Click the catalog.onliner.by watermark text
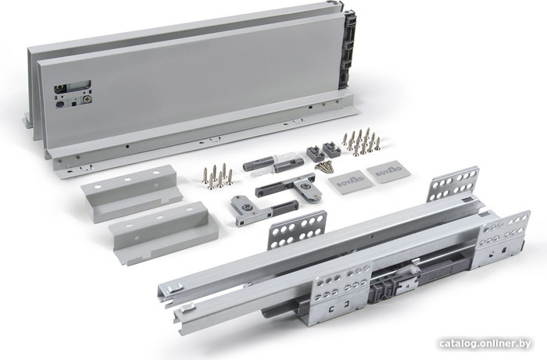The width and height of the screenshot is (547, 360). pos(485,344)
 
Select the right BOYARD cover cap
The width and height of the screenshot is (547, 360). pos(388,172)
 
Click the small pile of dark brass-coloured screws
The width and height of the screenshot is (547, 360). pos(324,166)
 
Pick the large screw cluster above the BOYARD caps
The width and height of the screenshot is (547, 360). pos(361,141)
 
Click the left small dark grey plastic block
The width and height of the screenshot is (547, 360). pos(316,153)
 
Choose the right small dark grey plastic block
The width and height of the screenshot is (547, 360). pos(331,150)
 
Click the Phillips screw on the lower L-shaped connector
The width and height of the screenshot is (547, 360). pos(248,208)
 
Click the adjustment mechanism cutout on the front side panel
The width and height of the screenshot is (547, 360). pos(73,94)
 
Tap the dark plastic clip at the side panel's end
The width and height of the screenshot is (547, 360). pos(349,48)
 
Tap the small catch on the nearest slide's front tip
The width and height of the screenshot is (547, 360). pos(188,308)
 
